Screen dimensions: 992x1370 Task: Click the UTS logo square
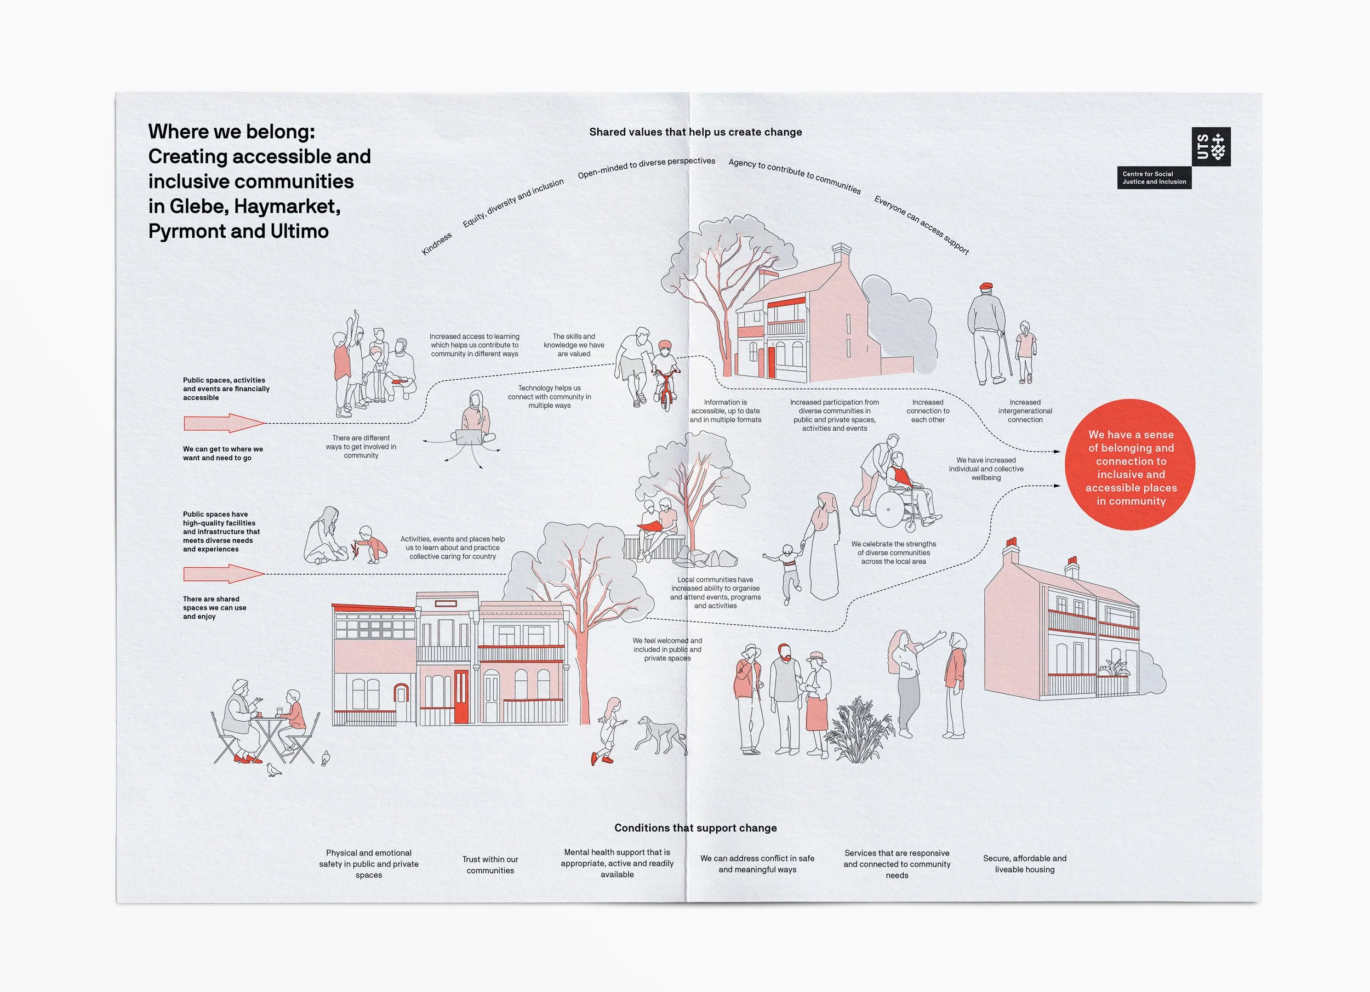1211,146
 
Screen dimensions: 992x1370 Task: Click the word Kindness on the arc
436,244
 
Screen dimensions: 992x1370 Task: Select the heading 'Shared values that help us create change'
695,132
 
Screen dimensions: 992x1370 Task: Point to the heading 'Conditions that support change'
695,828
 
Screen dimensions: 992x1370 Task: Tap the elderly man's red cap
986,286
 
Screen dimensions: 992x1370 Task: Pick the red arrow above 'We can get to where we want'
224,423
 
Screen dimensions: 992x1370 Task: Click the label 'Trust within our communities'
490,864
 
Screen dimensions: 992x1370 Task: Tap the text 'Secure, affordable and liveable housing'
1024,864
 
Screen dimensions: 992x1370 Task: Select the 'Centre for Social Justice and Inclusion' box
1154,178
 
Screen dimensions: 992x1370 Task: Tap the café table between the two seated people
269,720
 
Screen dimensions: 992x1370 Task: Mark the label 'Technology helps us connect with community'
549,397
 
